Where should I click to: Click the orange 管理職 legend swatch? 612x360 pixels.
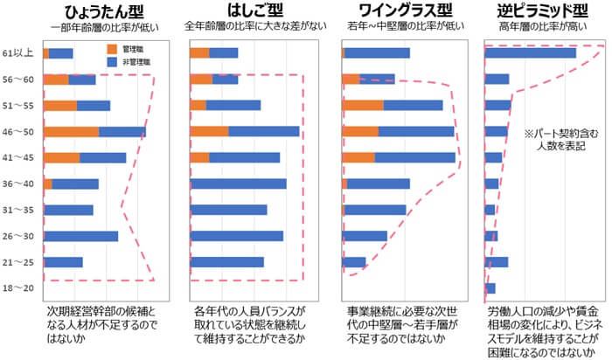(x=110, y=49)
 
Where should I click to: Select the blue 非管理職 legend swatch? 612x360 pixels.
(x=110, y=62)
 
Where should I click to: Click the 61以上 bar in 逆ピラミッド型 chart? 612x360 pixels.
(x=530, y=53)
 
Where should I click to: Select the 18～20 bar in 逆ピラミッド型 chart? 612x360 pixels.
(x=490, y=288)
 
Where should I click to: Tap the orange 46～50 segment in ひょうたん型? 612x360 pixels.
(x=71, y=132)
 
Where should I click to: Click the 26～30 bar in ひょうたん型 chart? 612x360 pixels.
(x=80, y=236)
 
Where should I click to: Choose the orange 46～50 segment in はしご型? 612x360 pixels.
(x=209, y=132)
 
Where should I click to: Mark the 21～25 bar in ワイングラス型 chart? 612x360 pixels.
(x=353, y=262)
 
